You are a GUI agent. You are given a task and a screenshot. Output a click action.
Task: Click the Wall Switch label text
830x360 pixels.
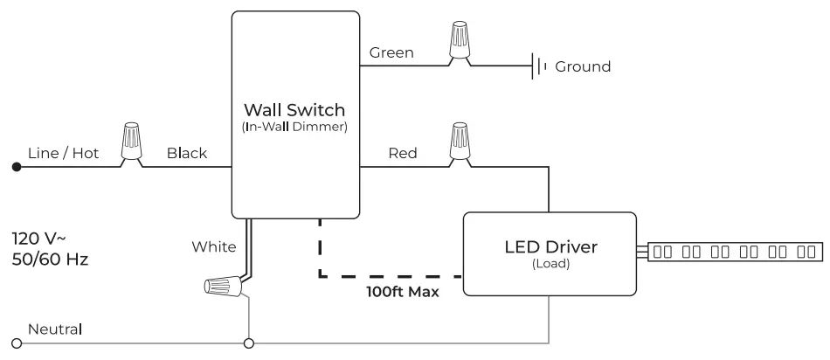point(294,110)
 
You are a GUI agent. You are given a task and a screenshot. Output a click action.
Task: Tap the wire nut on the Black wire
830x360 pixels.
point(133,142)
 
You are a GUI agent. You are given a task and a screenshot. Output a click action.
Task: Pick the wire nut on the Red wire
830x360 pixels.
point(459,142)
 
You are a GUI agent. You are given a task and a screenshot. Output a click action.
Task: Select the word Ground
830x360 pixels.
point(583,66)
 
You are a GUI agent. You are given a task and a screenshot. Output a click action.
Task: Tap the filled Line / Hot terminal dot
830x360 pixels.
point(15,165)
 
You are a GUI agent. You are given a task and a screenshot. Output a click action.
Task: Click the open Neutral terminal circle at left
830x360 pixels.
point(15,343)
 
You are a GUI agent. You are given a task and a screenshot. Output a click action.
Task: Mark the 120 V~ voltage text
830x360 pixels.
point(38,238)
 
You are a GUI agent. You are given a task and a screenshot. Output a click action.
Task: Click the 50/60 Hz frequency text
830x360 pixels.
point(50,260)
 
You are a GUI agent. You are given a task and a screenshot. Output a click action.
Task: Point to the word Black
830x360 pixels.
point(187,153)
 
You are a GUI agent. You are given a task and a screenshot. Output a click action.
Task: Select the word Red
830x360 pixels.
point(402,153)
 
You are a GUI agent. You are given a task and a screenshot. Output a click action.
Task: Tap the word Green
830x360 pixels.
point(391,52)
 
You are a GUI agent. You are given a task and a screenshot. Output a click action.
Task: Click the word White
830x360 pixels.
point(214,247)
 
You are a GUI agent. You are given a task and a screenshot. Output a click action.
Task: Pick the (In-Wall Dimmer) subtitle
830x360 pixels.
point(294,128)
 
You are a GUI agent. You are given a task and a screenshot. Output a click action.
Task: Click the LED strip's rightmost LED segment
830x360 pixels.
point(804,253)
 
